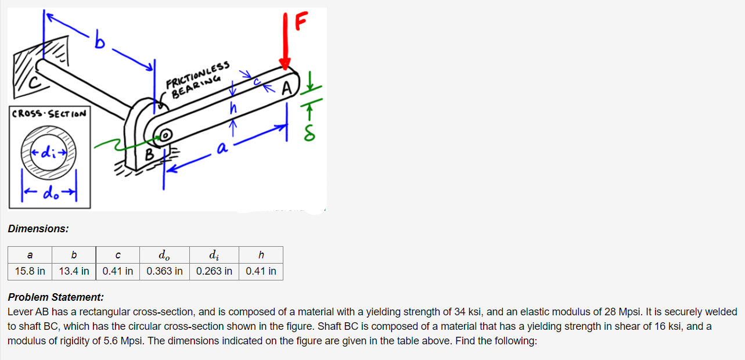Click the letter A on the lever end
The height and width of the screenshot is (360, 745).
click(x=286, y=89)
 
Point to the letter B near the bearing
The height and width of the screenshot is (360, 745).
click(x=149, y=155)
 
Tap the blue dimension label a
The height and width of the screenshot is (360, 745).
click(x=221, y=149)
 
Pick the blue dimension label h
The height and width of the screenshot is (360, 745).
click(x=233, y=108)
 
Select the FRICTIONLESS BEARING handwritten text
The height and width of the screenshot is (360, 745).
click(x=197, y=76)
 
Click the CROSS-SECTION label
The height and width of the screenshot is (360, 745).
click(x=49, y=114)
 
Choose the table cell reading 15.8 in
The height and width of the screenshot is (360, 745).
click(x=30, y=271)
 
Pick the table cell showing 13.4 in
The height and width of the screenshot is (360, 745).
click(x=74, y=271)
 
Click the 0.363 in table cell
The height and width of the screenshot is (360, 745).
click(x=164, y=271)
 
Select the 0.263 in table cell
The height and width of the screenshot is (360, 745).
click(x=214, y=271)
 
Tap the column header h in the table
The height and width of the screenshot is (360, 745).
click(x=261, y=255)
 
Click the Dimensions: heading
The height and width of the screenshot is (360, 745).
click(x=38, y=229)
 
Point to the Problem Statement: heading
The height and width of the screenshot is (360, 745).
click(x=56, y=297)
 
